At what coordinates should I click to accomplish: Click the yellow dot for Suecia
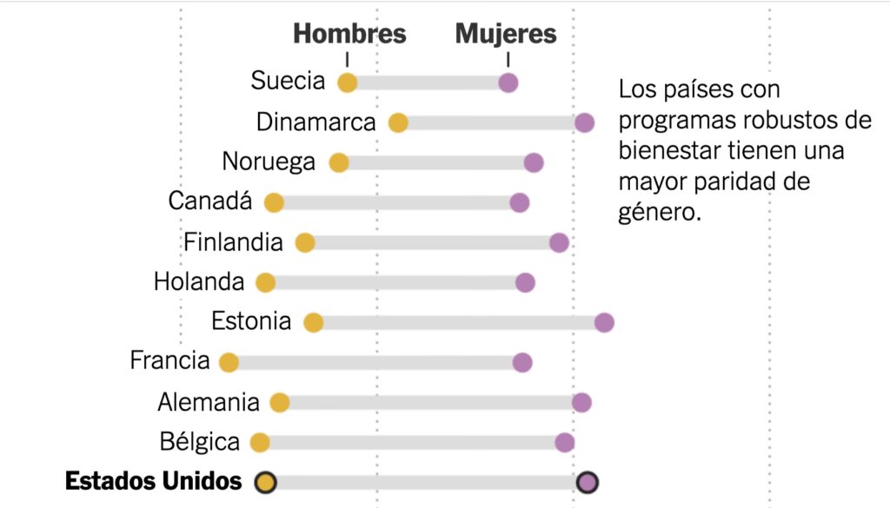coord(347,83)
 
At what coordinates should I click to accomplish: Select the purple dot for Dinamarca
coord(585,122)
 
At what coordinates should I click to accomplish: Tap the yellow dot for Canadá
coord(274,203)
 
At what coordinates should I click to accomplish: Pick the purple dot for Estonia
coord(605,323)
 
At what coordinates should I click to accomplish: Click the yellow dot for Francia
coord(229,363)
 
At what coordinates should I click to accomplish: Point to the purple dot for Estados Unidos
coord(588,482)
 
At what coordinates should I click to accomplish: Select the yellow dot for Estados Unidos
coord(266,482)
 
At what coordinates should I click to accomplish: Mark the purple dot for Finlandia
coord(559,243)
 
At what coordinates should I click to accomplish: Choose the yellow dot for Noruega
coord(339,163)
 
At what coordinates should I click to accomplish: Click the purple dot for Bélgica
coord(565,443)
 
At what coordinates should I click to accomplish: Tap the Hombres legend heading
coord(349,34)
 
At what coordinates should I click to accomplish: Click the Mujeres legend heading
coord(506,34)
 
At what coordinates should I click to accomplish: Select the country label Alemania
coord(209,403)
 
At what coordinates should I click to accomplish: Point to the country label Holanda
coord(199,282)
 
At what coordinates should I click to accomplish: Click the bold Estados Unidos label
coord(154,481)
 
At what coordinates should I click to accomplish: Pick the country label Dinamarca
coord(315,122)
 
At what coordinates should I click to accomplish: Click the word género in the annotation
coord(660,212)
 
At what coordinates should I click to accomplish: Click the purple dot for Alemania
coord(581,403)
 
